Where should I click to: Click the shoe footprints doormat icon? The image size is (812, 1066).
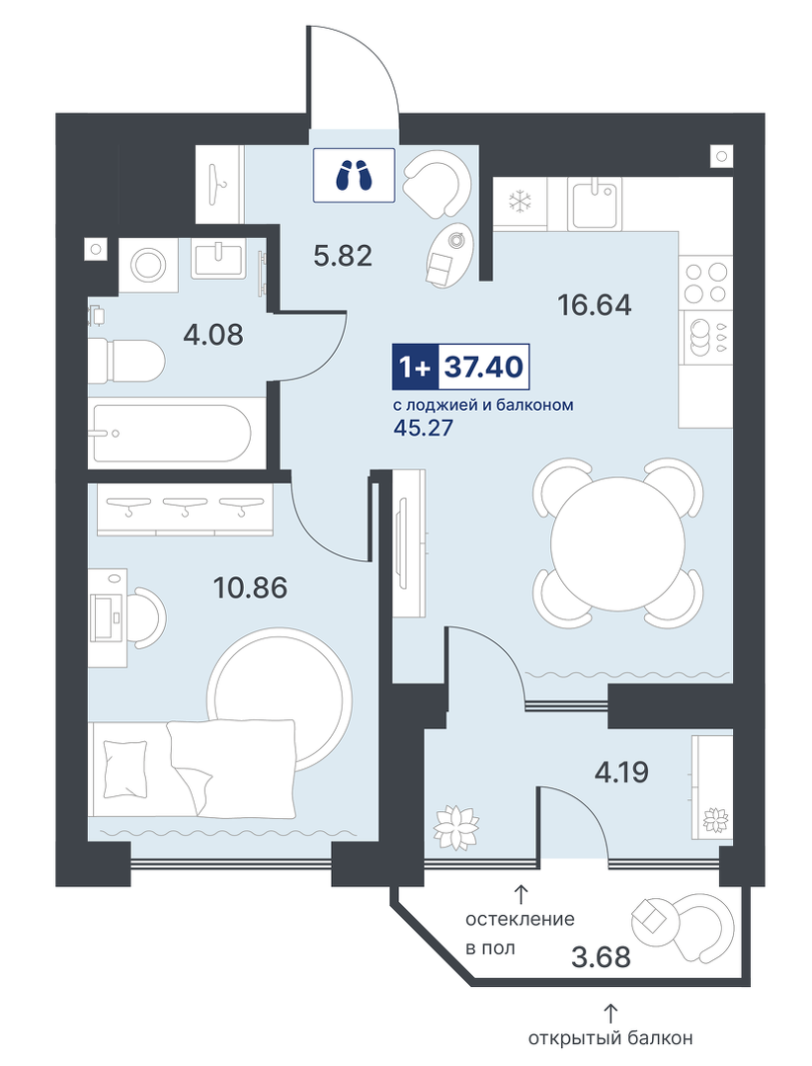click(354, 176)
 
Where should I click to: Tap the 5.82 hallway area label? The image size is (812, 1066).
click(343, 256)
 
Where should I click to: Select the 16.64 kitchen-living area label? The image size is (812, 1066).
click(594, 305)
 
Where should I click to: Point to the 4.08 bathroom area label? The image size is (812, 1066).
click(213, 335)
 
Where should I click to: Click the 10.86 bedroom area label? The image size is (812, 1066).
click(250, 588)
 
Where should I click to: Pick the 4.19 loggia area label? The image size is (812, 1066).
click(621, 773)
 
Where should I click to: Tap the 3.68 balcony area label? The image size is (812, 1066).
click(602, 957)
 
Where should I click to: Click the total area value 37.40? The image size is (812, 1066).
click(484, 368)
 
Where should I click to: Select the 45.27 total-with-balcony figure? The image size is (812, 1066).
click(423, 429)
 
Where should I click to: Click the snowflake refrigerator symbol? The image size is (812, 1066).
click(521, 202)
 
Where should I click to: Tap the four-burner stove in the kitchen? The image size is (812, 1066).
click(705, 283)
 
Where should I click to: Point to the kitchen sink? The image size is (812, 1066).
click(596, 203)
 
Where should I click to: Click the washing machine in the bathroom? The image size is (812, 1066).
click(147, 265)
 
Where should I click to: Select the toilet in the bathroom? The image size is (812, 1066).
click(126, 361)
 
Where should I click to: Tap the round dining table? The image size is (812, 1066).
click(617, 544)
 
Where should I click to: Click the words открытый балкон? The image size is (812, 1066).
click(610, 1038)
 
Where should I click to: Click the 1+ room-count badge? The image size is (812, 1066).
click(416, 368)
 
